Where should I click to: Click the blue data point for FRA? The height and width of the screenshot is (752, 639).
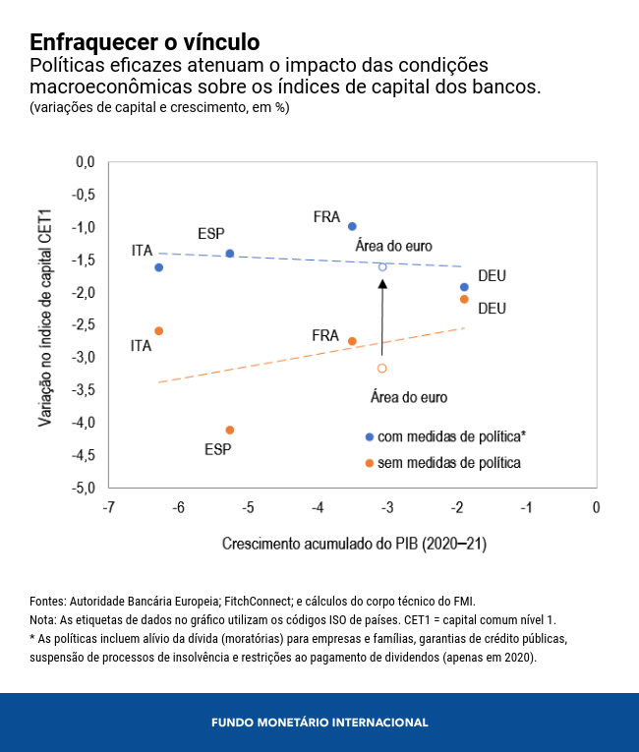pos(352,226)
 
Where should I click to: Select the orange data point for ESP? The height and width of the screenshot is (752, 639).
pos(230,430)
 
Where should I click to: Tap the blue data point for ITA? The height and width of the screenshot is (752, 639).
pos(159,267)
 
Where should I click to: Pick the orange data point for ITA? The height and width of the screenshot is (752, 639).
pos(159,331)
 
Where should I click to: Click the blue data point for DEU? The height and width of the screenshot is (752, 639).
pos(464,287)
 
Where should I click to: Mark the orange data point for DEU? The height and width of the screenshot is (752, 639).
pos(464,299)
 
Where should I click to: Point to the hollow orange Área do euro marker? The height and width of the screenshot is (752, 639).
pos(382,368)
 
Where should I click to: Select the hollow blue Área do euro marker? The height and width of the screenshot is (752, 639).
pos(382,266)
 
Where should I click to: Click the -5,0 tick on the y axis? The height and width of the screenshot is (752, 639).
pos(86,488)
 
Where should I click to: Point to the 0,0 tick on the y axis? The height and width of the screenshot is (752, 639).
pos(86,161)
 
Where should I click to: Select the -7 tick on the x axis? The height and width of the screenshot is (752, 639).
pos(108,507)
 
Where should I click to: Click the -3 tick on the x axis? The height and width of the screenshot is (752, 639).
pos(387,507)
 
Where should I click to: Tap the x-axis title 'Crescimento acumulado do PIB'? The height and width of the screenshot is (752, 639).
pos(354,544)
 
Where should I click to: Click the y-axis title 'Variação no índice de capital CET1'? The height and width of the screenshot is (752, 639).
pos(45,325)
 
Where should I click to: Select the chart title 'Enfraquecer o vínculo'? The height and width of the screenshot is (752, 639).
pos(145,42)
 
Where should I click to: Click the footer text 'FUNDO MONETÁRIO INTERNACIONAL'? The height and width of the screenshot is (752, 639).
pos(319,723)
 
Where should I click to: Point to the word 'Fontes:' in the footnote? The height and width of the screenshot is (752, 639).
pos(49,600)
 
